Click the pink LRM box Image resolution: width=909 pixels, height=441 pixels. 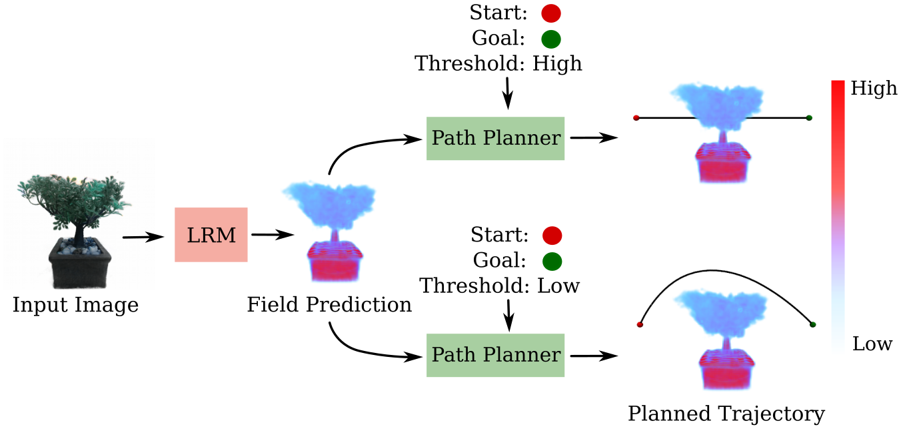211,234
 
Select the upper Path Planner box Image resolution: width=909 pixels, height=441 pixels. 495,138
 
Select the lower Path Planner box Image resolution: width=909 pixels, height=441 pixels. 495,355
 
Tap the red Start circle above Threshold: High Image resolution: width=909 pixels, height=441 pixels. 551,13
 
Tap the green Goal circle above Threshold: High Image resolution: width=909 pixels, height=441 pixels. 550,39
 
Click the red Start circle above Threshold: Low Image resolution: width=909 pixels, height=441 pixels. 552,236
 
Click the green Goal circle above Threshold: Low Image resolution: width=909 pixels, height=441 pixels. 552,261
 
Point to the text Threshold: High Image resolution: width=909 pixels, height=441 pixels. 498,64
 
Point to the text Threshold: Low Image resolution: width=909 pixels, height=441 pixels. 499,286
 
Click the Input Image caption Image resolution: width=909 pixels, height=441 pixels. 75,306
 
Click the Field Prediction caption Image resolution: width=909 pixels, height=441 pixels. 329,306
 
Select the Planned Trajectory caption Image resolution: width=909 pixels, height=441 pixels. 726,414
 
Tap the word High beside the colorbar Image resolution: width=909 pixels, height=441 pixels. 874,88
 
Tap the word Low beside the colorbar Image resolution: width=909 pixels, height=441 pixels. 872,344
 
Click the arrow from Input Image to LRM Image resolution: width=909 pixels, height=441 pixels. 143,237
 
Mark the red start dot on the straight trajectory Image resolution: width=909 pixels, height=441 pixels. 636,118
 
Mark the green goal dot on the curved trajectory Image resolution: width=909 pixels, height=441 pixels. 812,325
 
